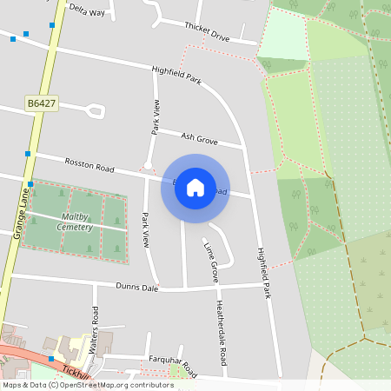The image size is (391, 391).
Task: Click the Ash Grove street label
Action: pyautogui.click(x=199, y=137)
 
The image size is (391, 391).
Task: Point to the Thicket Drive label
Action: pyautogui.click(x=207, y=32)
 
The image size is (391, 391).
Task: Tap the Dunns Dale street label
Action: pyautogui.click(x=137, y=286)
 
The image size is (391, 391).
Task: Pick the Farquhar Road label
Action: pyautogui.click(x=172, y=363)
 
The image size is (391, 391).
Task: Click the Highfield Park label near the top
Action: pyautogui.click(x=176, y=75)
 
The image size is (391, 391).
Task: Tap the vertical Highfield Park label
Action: pyautogui.click(x=264, y=268)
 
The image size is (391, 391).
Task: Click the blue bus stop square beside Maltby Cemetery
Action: pyautogui.click(x=30, y=183)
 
